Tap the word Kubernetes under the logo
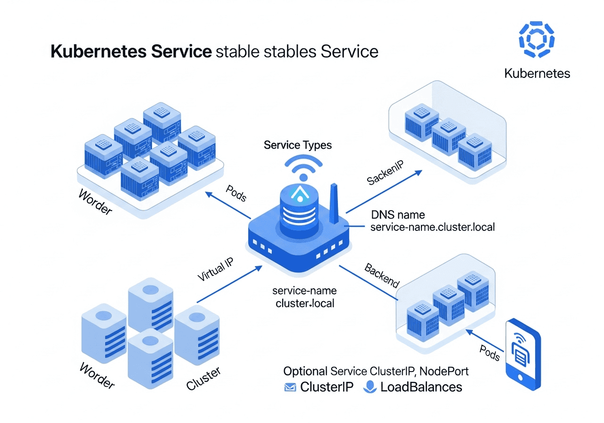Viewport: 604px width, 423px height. [537, 74]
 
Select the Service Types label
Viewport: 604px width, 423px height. [298, 144]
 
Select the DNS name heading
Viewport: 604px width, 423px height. [398, 215]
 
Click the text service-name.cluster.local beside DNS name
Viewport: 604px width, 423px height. [433, 227]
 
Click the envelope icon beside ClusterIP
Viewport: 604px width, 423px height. [289, 388]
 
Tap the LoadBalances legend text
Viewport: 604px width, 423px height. [421, 387]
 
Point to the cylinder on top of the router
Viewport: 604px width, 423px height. [300, 208]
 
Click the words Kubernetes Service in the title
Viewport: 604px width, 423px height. [131, 51]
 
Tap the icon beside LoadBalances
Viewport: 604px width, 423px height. [369, 387]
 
